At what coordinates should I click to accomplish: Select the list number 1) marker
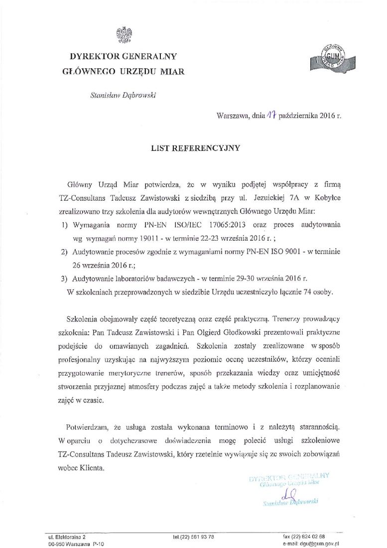(63, 226)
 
